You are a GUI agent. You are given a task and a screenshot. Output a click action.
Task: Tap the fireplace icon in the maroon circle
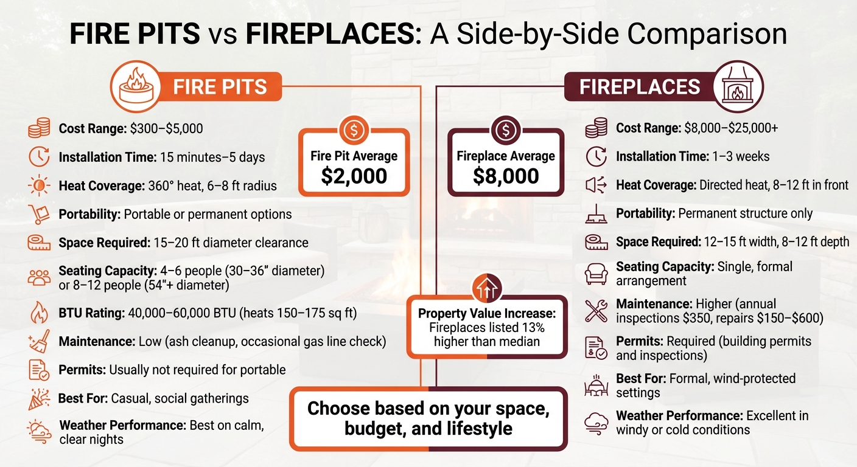tap(737, 86)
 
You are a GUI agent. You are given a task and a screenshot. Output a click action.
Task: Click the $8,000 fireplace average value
tap(505, 176)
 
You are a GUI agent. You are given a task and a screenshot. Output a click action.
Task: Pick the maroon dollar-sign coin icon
tap(505, 130)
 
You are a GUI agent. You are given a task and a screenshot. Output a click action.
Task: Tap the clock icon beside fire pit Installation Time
tap(40, 157)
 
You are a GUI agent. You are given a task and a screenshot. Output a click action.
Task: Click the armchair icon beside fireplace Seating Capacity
tap(596, 273)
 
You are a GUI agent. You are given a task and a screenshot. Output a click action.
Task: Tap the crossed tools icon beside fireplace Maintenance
tap(596, 310)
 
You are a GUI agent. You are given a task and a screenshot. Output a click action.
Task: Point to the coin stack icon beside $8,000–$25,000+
tap(596, 129)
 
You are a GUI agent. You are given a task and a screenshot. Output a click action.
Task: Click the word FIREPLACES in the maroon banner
tap(639, 87)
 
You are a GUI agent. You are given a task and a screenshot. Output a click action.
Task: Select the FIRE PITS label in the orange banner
tap(220, 87)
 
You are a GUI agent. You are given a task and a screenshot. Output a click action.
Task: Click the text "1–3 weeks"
tap(740, 157)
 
